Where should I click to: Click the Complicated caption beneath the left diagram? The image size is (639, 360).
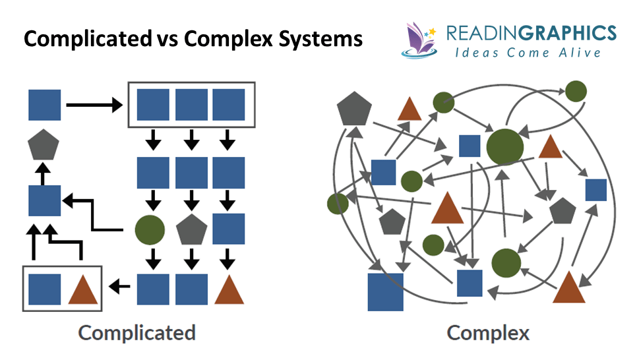click(137, 332)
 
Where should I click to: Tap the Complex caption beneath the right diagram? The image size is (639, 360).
click(488, 332)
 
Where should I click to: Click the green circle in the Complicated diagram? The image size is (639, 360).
click(150, 230)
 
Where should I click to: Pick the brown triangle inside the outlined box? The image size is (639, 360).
click(83, 289)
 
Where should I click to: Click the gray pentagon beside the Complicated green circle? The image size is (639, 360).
click(192, 230)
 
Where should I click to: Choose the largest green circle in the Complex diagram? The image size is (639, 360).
click(505, 146)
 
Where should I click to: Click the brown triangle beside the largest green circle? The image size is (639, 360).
click(549, 147)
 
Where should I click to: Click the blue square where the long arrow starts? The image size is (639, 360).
click(45, 105)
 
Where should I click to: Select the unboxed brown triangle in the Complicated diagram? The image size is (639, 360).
click(229, 289)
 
